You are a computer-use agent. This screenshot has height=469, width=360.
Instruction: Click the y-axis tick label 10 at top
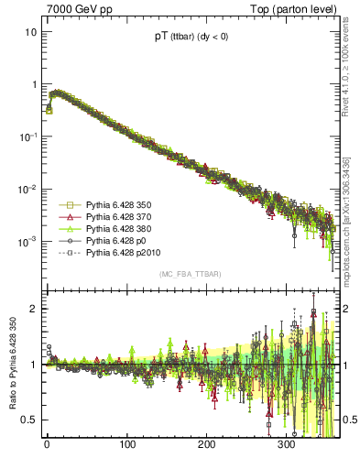(30, 31)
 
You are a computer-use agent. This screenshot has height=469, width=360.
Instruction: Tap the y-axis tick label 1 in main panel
(33, 84)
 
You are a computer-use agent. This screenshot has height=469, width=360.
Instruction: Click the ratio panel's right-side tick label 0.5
(348, 420)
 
